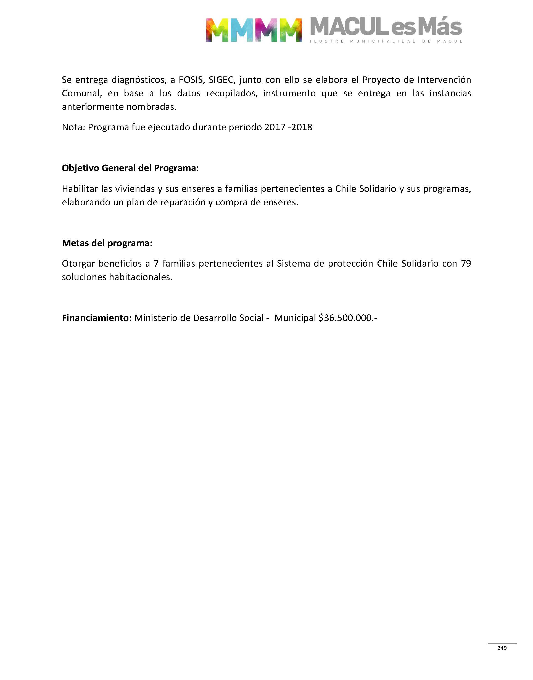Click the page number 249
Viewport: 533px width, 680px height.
[x=502, y=648]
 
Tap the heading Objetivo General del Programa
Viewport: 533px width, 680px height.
[x=130, y=168]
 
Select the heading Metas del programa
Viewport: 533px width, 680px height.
[x=107, y=243]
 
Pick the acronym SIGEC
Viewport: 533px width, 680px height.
[x=221, y=80]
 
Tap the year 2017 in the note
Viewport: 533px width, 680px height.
[x=275, y=127]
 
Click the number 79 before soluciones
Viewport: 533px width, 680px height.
[x=466, y=264]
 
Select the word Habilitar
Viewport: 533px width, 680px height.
[x=80, y=189]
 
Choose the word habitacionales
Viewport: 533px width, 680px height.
[x=140, y=277]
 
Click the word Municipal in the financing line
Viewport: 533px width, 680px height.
[x=295, y=318]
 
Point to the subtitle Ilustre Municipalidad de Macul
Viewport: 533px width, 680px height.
[x=386, y=41]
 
